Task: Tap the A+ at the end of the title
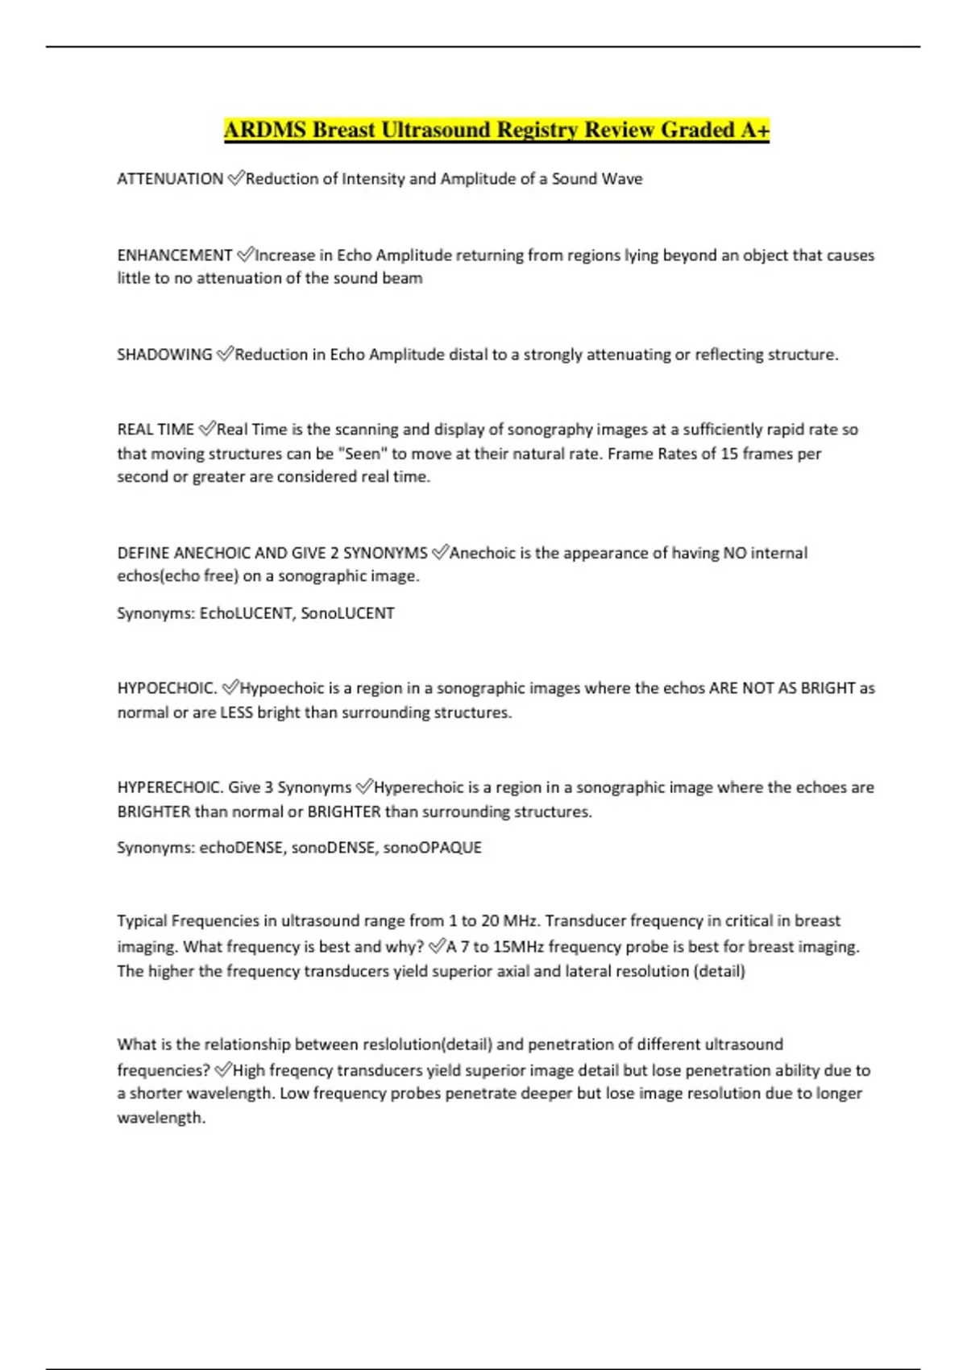[755, 130]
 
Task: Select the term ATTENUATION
[170, 179]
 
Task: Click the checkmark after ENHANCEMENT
[245, 255]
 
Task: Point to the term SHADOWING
[164, 355]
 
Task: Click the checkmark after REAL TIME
[206, 429]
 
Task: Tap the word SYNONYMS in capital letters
[385, 553]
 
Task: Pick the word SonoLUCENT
[347, 613]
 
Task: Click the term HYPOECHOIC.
[167, 688]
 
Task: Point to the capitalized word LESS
[236, 712]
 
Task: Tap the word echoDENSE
[242, 848]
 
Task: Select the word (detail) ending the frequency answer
[719, 971]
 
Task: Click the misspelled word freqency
[301, 1070]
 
